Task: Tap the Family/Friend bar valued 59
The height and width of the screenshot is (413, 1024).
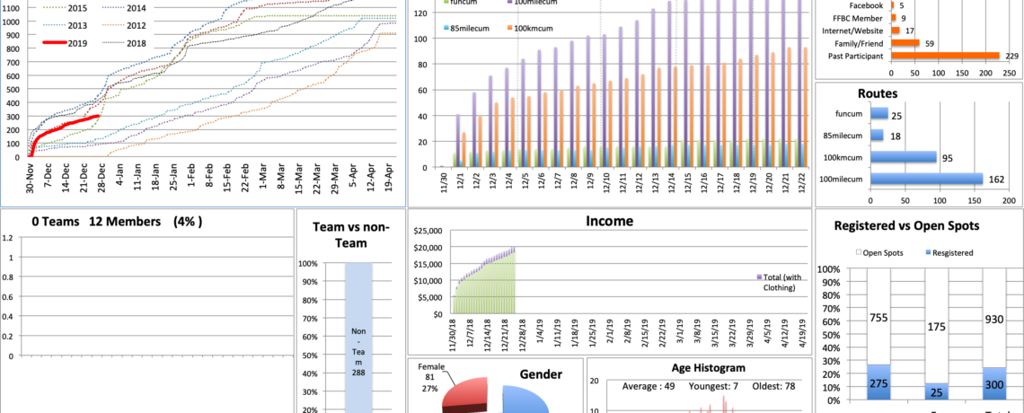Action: [x=905, y=42]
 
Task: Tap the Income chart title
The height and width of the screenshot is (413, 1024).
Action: [x=609, y=221]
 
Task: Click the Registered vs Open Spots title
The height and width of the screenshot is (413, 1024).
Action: [x=918, y=225]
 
